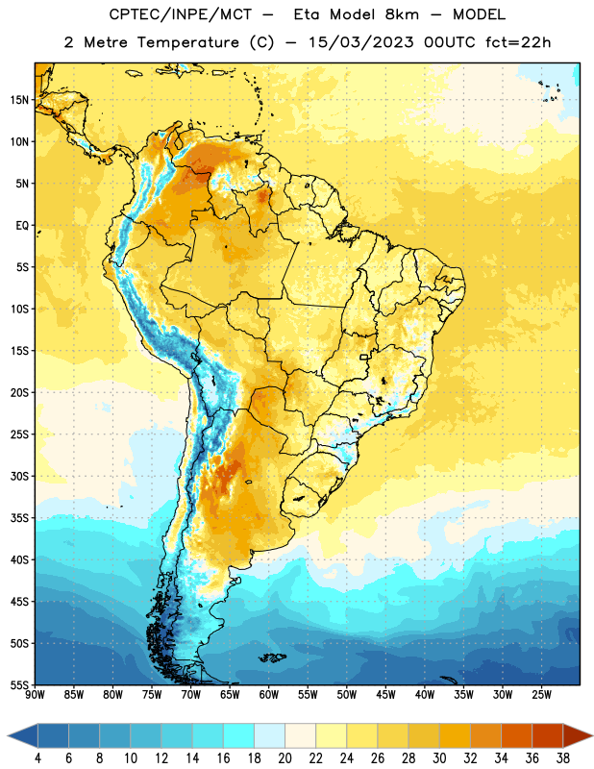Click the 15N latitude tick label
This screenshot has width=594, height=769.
click(19, 100)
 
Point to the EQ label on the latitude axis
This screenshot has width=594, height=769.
click(22, 226)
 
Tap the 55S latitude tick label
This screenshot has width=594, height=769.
click(19, 684)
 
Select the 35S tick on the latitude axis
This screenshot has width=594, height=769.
click(19, 518)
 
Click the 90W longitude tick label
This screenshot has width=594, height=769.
click(36, 695)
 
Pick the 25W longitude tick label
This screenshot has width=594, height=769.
click(541, 695)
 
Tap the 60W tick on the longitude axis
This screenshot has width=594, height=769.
click(269, 695)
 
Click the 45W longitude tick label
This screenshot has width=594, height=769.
click(385, 695)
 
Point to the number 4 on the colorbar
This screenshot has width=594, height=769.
click(37, 758)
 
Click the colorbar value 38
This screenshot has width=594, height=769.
click(563, 758)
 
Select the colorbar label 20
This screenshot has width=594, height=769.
click(285, 758)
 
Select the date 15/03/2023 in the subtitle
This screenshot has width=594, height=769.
click(361, 42)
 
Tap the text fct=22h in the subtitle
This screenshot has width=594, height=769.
click(518, 42)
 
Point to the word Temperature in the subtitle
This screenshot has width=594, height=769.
click(187, 42)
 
